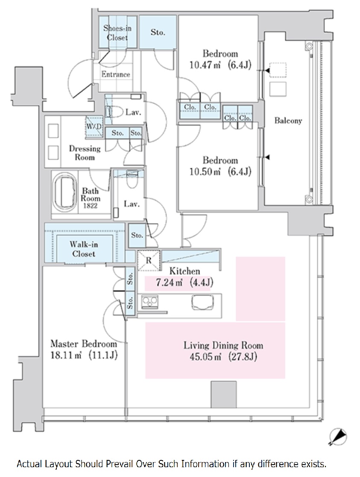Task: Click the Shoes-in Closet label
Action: pyautogui.click(x=117, y=32)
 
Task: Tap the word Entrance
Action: pyautogui.click(x=116, y=74)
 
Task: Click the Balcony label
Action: pyautogui.click(x=288, y=121)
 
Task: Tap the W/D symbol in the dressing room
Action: pyautogui.click(x=94, y=127)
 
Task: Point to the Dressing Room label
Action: pyautogui.click(x=85, y=153)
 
